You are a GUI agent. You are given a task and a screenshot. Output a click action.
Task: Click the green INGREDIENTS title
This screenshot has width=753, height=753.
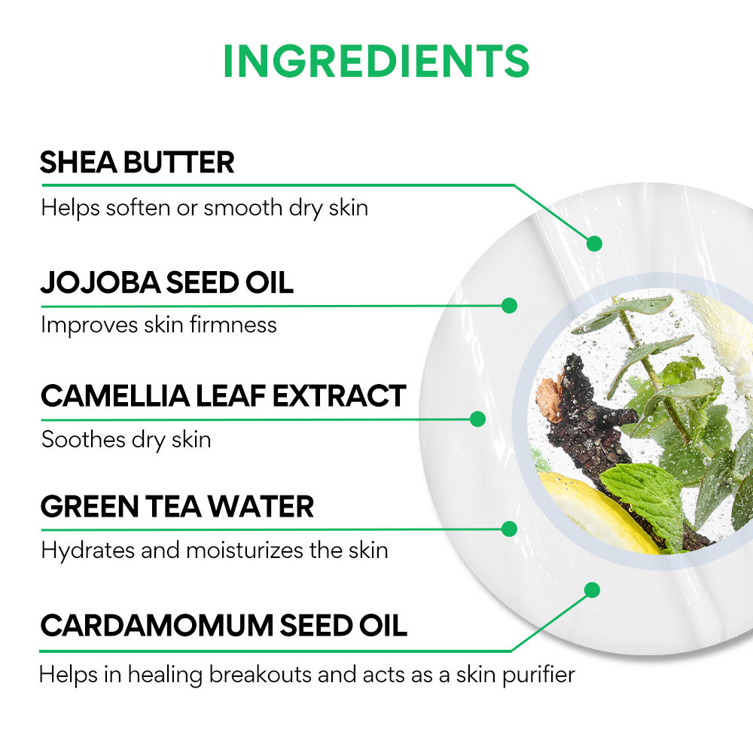pyautogui.click(x=376, y=60)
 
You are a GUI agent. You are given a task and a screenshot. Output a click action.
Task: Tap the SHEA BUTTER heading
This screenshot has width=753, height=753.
pyautogui.click(x=137, y=162)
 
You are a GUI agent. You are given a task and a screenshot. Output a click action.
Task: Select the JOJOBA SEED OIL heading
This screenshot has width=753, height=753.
pyautogui.click(x=167, y=282)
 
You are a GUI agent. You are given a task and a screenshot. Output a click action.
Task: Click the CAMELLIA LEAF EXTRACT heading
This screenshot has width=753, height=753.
pyautogui.click(x=224, y=396)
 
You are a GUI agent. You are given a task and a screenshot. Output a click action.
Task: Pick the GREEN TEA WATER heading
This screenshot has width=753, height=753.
pyautogui.click(x=177, y=506)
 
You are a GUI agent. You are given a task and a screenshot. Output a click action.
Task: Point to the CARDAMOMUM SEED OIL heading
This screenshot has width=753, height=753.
pyautogui.click(x=224, y=625)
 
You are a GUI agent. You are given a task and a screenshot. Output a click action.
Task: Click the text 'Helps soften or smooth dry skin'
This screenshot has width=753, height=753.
pyautogui.click(x=205, y=208)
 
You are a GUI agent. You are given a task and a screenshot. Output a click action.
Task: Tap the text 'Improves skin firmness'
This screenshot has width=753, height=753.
pyautogui.click(x=159, y=325)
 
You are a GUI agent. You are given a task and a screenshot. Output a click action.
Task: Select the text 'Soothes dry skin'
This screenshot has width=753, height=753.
pyautogui.click(x=127, y=440)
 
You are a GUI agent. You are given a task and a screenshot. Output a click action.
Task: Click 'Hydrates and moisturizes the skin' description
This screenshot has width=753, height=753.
pyautogui.click(x=215, y=550)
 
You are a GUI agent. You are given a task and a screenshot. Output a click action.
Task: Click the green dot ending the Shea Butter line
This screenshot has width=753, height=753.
pyautogui.click(x=595, y=243)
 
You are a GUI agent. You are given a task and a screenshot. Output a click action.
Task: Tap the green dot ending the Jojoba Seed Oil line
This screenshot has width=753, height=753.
pyautogui.click(x=509, y=306)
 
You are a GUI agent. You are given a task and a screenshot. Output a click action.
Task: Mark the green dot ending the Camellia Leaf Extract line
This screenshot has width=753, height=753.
pyautogui.click(x=477, y=419)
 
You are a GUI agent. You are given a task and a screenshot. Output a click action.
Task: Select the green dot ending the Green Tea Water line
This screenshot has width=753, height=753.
pyautogui.click(x=509, y=529)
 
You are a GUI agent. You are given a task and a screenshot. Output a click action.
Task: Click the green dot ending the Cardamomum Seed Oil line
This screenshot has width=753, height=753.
pyautogui.click(x=593, y=590)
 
